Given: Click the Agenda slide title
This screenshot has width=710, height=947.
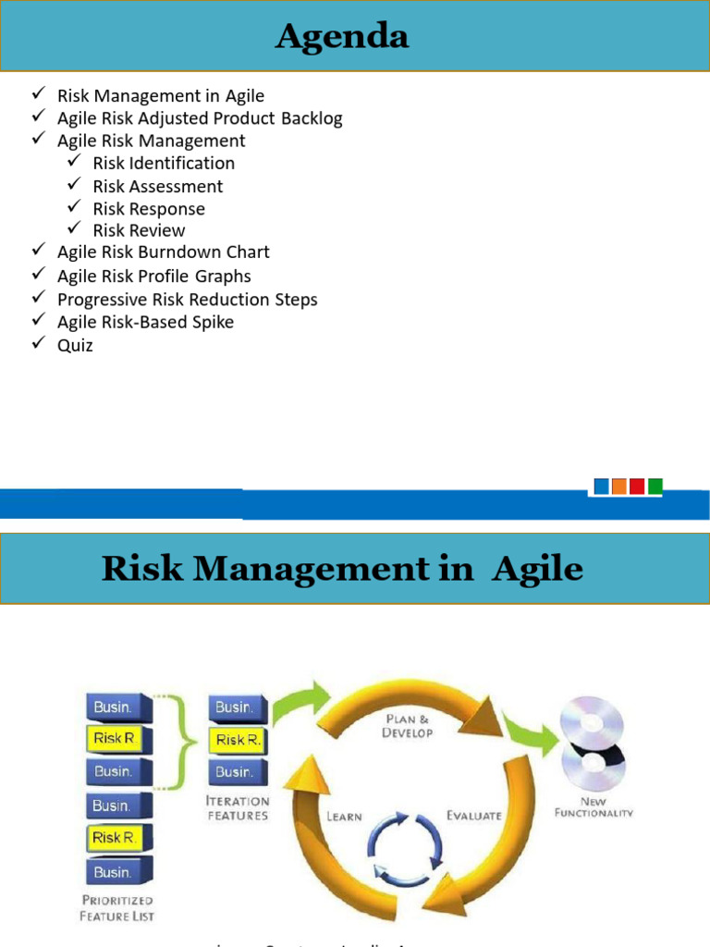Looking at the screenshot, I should click(341, 37).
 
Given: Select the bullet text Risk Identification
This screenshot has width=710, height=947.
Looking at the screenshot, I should click(164, 164).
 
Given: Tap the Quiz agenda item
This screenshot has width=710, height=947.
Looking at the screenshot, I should click(75, 346).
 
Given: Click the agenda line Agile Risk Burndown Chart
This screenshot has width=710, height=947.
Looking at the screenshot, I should click(163, 252).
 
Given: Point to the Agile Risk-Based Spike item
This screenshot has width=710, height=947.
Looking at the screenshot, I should click(145, 323).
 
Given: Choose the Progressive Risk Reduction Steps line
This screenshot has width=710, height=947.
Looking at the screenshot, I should click(187, 300).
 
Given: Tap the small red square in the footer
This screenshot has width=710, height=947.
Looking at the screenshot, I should click(637, 486).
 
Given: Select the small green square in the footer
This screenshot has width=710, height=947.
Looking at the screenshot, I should click(655, 486).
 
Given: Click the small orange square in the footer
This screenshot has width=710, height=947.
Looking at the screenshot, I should click(619, 486).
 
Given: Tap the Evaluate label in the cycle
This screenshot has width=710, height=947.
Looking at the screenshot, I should click(474, 816).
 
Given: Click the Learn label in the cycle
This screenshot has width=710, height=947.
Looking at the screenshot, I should click(343, 817).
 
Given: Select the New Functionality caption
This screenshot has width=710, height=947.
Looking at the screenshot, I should click(594, 806).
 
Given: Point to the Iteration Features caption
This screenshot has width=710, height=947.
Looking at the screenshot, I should click(238, 808).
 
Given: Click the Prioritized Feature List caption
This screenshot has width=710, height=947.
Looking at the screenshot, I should click(116, 907).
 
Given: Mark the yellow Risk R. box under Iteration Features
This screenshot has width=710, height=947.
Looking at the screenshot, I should click(238, 740).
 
